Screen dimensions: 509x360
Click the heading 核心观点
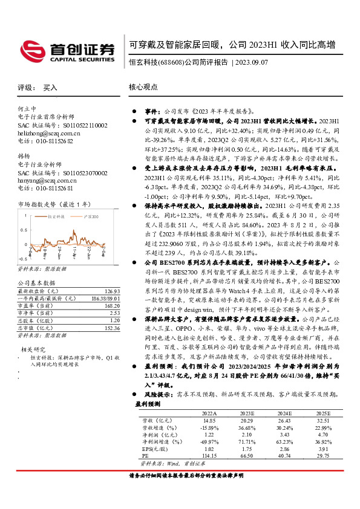point(143,88)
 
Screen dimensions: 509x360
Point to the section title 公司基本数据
point(36,282)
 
